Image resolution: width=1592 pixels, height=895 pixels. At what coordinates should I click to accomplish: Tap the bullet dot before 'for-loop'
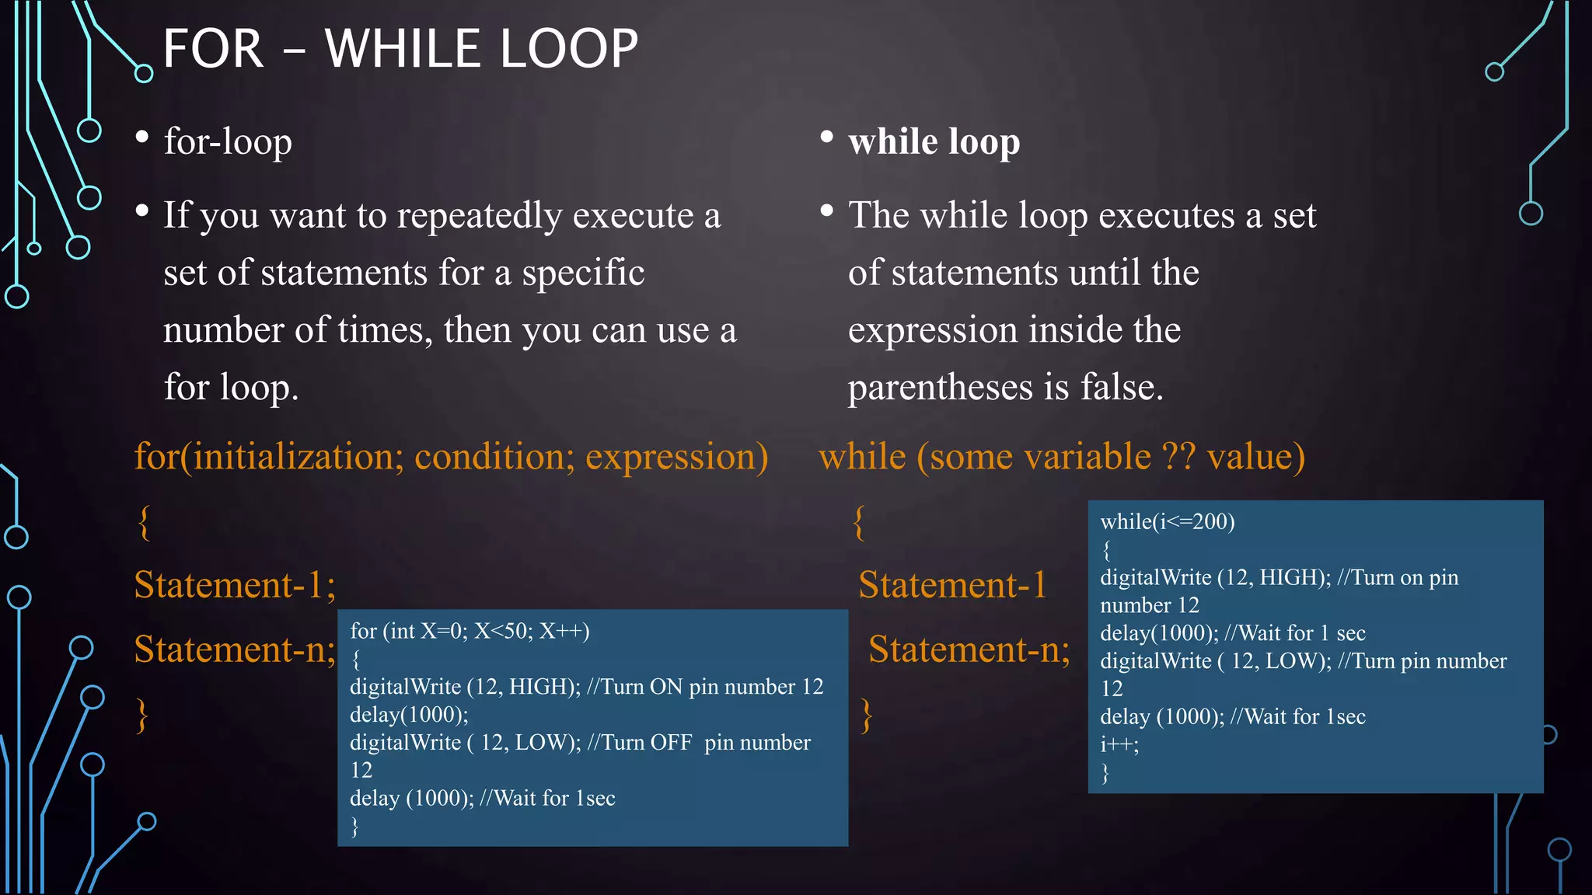click(142, 138)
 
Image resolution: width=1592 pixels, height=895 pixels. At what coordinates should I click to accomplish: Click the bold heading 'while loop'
click(934, 142)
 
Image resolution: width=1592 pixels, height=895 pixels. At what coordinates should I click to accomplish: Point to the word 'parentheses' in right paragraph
click(940, 388)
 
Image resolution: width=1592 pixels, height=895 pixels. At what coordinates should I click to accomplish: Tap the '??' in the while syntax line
click(1178, 457)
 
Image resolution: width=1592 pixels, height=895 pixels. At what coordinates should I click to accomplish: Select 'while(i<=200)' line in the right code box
click(1168, 521)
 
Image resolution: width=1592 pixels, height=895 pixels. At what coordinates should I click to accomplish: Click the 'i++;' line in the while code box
click(1119, 744)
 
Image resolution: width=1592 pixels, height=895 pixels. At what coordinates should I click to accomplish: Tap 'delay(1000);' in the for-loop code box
click(409, 715)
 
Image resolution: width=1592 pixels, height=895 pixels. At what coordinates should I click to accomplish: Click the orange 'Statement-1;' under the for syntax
click(235, 585)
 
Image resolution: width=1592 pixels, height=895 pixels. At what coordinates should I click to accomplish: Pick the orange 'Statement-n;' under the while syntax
click(969, 649)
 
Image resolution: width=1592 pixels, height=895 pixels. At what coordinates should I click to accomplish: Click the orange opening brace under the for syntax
click(144, 522)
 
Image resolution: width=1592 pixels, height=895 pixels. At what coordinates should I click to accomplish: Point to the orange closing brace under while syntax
click(867, 715)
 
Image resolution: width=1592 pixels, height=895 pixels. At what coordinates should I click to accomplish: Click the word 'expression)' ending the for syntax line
click(676, 457)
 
